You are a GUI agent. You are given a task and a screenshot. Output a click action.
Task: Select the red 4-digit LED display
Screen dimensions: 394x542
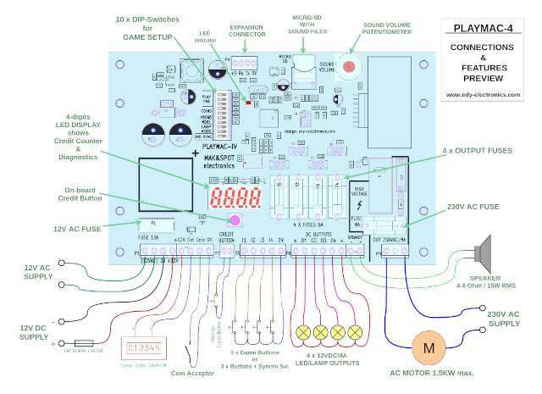pyautogui.click(x=232, y=200)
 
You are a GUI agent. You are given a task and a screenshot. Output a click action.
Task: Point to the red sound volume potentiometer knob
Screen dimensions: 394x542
pyautogui.click(x=349, y=67)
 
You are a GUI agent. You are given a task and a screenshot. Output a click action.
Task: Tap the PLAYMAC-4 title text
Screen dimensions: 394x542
pyautogui.click(x=483, y=30)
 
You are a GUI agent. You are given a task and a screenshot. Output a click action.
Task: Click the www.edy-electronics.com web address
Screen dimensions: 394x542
pyautogui.click(x=483, y=94)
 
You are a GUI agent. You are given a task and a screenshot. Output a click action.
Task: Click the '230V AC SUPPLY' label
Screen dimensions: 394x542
pyautogui.click(x=505, y=318)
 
